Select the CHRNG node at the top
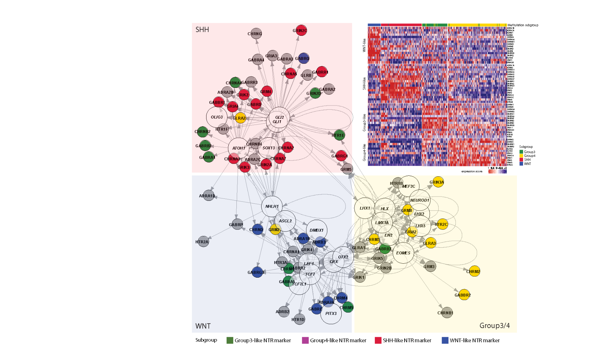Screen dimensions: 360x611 (x=256, y=34)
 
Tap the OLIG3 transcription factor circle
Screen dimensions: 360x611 (x=217, y=117)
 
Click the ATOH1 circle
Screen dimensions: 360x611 (x=239, y=148)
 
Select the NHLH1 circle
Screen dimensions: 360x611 (x=272, y=206)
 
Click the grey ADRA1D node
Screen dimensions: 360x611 (x=208, y=196)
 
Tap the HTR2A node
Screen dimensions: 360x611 (x=203, y=242)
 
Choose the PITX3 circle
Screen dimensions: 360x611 (x=331, y=313)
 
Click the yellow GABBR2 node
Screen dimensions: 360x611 (x=464, y=295)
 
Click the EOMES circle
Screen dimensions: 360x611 (x=403, y=253)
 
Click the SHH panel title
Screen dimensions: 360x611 (x=202, y=30)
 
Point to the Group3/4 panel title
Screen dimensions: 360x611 (x=494, y=325)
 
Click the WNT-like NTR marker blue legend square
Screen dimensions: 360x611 (x=445, y=340)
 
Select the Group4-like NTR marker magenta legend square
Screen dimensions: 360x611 (x=305, y=340)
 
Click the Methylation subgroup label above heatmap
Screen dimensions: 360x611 (x=523, y=25)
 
